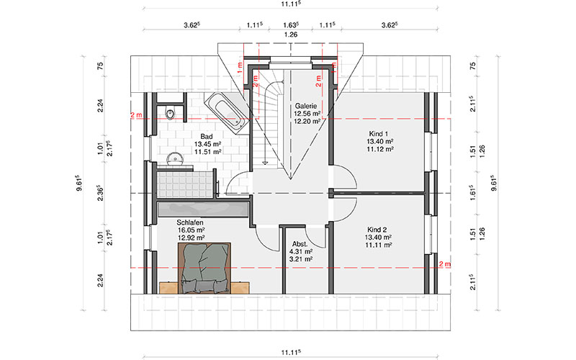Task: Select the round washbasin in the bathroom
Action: (175, 158)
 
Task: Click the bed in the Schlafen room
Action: (204, 268)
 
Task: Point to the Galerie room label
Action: (305, 106)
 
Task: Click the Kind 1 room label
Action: (379, 134)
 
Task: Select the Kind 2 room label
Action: (377, 230)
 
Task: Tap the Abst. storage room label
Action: (300, 244)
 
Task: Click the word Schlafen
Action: (190, 222)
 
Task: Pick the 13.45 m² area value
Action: (207, 144)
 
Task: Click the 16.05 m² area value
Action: (191, 230)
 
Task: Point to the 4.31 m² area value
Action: (301, 251)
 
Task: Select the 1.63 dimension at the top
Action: (291, 25)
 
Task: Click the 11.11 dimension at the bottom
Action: (291, 352)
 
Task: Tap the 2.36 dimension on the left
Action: (100, 194)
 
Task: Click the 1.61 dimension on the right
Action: (472, 192)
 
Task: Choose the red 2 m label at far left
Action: (136, 115)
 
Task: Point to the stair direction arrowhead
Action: (264, 161)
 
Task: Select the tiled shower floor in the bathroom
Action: (186, 184)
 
